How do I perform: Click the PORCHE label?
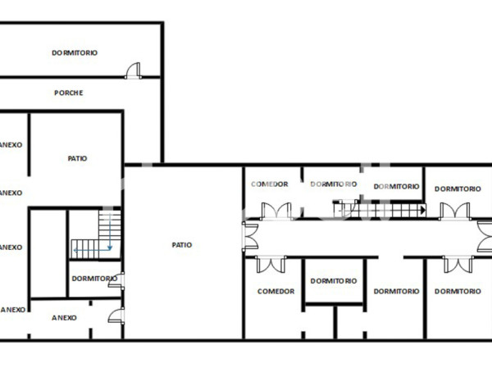point(69,93)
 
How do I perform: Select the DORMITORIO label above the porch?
point(75,52)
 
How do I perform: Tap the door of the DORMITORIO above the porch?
point(133,72)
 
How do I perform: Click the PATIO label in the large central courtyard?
point(182,244)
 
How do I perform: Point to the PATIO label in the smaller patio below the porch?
point(77,158)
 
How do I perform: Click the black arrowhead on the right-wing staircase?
point(421,211)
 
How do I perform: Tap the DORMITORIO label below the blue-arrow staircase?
point(93,279)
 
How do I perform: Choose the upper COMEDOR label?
point(269,184)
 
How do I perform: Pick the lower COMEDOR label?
point(276,291)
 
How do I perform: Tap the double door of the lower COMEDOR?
point(270,264)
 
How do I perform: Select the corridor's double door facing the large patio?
point(249,235)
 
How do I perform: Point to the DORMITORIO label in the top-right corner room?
point(458,188)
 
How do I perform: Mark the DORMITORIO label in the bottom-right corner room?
point(458,291)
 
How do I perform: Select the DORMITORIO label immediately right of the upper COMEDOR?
point(333,184)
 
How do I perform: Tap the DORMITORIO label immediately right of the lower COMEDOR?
point(334,281)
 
